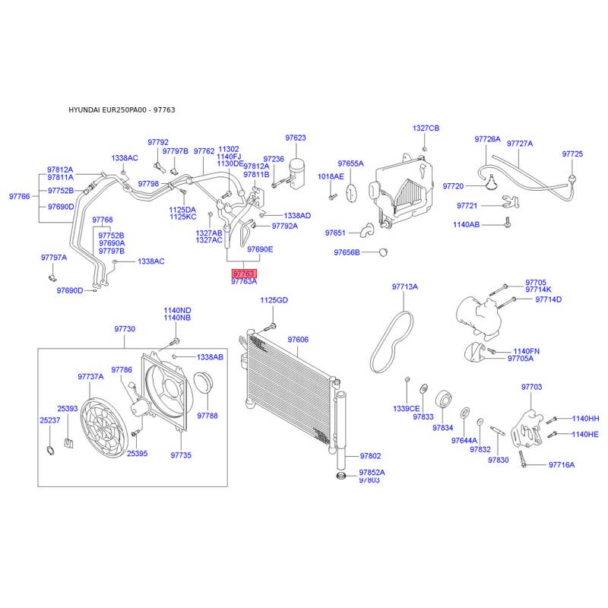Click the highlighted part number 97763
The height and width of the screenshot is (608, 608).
pyautogui.click(x=244, y=274)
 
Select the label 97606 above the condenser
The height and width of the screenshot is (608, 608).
pyautogui.click(x=298, y=340)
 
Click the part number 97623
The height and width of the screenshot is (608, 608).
pyautogui.click(x=296, y=138)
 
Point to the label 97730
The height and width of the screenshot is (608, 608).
pyautogui.click(x=125, y=329)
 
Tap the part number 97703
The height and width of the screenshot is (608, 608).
pyautogui.click(x=532, y=388)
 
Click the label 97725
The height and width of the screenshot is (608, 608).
pyautogui.click(x=572, y=154)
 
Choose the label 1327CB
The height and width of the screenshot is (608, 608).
pyautogui.click(x=426, y=128)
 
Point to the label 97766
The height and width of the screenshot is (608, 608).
pyautogui.click(x=20, y=196)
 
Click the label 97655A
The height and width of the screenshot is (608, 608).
pyautogui.click(x=351, y=163)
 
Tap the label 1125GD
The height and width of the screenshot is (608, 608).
pyautogui.click(x=274, y=300)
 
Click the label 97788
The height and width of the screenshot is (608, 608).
pyautogui.click(x=207, y=416)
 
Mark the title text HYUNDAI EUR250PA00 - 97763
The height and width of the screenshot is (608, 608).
pyautogui.click(x=122, y=110)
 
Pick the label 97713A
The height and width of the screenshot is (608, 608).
pyautogui.click(x=405, y=287)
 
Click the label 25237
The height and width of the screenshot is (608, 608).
pyautogui.click(x=49, y=420)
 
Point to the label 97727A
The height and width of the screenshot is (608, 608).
pyautogui.click(x=520, y=143)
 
